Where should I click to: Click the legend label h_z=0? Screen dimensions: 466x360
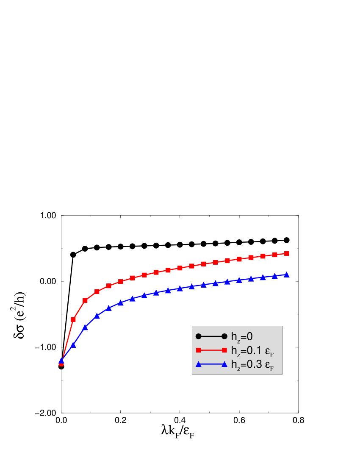pyautogui.click(x=241, y=337)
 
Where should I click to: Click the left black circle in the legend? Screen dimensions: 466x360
pyautogui.click(x=198, y=337)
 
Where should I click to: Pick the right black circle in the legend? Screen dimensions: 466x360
pyautogui.click(x=224, y=337)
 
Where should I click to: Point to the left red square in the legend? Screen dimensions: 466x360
pyautogui.click(x=198, y=350)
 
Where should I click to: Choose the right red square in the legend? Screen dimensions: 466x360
pyautogui.click(x=224, y=350)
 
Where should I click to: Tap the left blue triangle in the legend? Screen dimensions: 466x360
pyautogui.click(x=198, y=364)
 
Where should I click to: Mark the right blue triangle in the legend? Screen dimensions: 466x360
pyautogui.click(x=224, y=364)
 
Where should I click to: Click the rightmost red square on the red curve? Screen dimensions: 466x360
pyautogui.click(x=287, y=253)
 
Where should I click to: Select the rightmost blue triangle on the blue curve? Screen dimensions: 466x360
pyautogui.click(x=287, y=275)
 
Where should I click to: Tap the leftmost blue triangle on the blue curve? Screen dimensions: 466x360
pyautogui.click(x=61, y=361)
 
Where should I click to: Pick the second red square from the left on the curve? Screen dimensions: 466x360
pyautogui.click(x=73, y=319)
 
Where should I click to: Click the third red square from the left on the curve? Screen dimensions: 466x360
pyautogui.click(x=85, y=300)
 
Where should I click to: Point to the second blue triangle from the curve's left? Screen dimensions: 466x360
pyautogui.click(x=73, y=345)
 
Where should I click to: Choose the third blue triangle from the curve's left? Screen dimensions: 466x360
pyautogui.click(x=85, y=327)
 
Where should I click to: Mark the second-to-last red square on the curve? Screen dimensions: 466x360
pyautogui.click(x=275, y=255)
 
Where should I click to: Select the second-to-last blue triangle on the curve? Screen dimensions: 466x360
pyautogui.click(x=275, y=276)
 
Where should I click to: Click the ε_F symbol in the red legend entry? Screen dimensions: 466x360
pyautogui.click(x=270, y=352)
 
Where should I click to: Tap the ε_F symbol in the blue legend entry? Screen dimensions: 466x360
pyautogui.click(x=270, y=366)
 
